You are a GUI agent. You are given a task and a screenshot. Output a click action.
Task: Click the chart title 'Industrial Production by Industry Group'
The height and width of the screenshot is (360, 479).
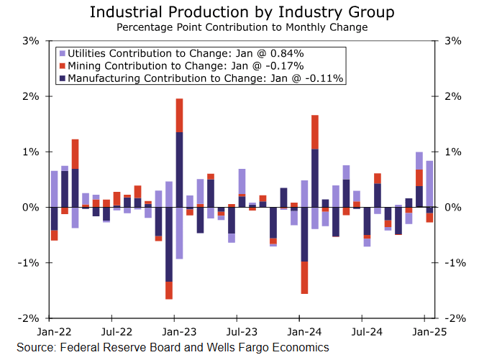242,12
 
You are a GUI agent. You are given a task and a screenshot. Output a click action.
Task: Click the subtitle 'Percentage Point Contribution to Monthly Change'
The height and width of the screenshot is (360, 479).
242,27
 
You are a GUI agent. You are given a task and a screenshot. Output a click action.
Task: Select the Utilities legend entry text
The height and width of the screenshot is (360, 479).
186,53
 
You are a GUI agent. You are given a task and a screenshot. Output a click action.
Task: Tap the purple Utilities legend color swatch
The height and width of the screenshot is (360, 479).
63,53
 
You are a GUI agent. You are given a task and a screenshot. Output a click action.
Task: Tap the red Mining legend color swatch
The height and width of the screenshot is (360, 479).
63,65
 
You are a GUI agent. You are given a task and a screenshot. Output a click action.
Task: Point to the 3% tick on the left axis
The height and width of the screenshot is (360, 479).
29,41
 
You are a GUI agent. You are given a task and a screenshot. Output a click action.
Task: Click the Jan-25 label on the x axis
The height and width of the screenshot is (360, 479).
430,333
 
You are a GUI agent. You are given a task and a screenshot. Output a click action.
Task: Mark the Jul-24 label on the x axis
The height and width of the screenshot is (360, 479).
367,333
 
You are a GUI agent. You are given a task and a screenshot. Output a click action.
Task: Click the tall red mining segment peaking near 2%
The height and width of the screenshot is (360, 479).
179,115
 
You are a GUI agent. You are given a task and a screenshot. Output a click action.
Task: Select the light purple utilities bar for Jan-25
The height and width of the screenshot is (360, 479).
429,186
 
